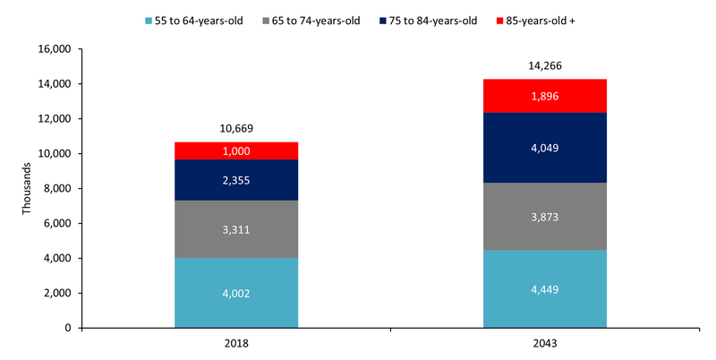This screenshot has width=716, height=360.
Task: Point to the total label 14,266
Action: coord(544,65)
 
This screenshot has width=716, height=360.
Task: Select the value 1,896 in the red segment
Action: coord(544,96)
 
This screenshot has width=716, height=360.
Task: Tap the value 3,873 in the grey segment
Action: coord(544,217)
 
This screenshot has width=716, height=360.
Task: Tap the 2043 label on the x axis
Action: coord(544,343)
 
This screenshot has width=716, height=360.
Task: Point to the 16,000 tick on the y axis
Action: coord(56,49)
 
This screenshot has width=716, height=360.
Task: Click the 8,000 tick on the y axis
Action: coord(59,189)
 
